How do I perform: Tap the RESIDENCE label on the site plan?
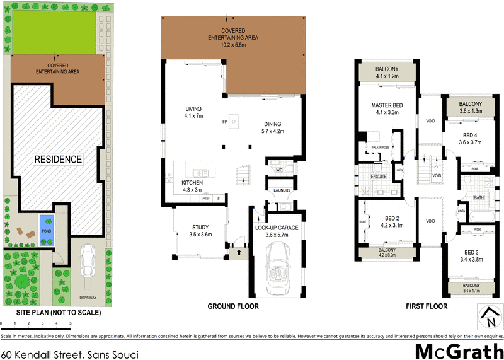click(x=58, y=159)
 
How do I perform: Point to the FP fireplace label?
click(x=224, y=121)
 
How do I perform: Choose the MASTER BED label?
click(x=387, y=105)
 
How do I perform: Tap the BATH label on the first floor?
click(x=478, y=197)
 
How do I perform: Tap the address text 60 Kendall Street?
click(x=69, y=354)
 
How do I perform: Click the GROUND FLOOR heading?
click(x=233, y=306)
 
